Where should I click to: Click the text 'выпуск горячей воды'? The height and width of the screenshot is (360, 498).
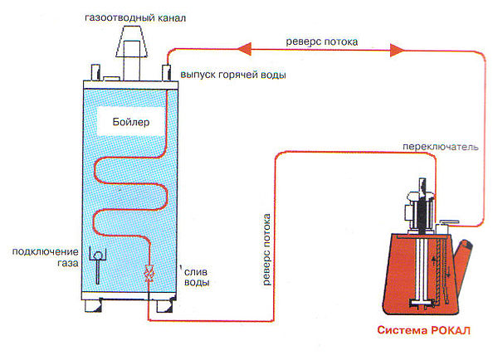click(234, 75)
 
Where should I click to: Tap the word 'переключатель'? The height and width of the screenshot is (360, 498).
click(439, 147)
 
